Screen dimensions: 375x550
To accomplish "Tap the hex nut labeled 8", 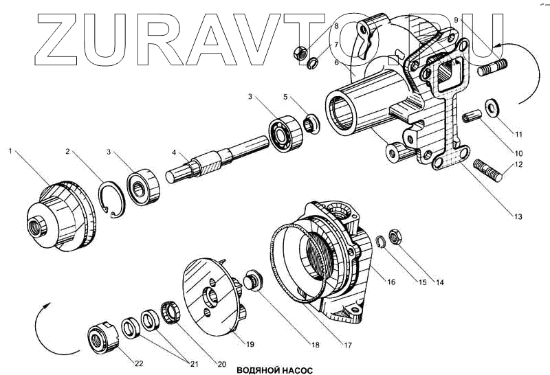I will pyautogui.click(x=299, y=52).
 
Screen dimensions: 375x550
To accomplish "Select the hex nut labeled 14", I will pyautogui.click(x=396, y=237).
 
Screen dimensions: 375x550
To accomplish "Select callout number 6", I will pyautogui.click(x=337, y=62).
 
